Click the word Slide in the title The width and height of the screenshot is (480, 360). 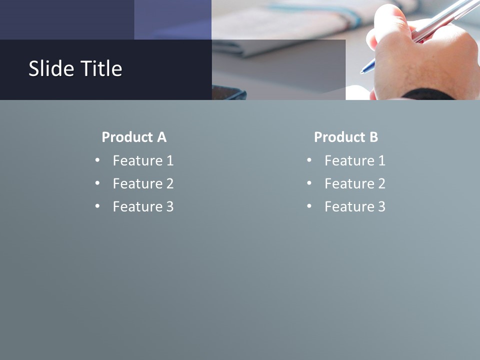[47, 68]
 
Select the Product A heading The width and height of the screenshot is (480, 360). [134, 137]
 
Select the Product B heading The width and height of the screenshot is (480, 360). [346, 137]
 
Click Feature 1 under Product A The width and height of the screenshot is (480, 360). [143, 160]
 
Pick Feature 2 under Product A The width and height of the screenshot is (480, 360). [143, 183]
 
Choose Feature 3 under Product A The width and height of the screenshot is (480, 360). [143, 206]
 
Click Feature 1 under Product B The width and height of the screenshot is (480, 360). [355, 160]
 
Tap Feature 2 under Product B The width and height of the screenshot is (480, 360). [355, 183]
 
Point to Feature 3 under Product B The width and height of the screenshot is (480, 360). [355, 206]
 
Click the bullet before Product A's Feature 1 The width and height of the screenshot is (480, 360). [97, 160]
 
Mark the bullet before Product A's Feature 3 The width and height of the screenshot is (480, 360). [97, 206]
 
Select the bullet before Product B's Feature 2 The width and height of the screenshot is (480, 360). [309, 183]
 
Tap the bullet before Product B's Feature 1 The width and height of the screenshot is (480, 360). [309, 160]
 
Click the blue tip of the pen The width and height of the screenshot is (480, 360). [366, 68]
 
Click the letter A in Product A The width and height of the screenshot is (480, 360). [161, 137]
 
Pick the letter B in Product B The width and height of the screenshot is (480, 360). [373, 137]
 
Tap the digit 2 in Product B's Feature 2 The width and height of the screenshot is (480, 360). [381, 183]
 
